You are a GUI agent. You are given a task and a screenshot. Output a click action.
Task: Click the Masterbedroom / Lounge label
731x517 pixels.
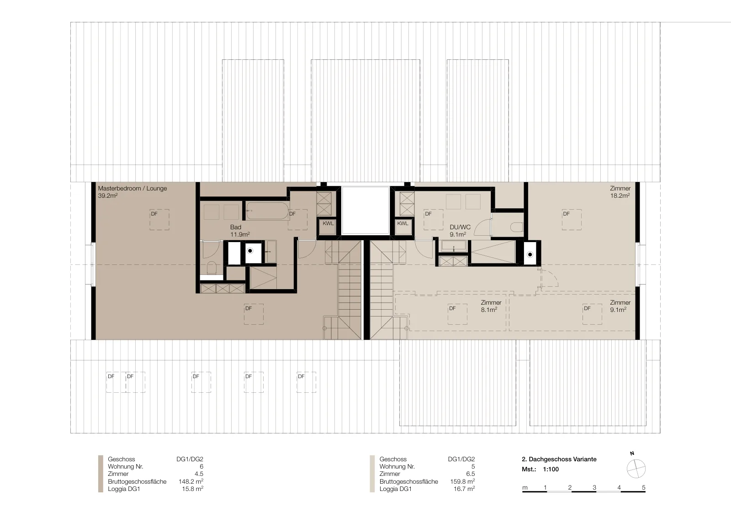pos(132,192)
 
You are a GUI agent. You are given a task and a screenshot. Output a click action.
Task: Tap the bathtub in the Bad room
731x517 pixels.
pos(267,211)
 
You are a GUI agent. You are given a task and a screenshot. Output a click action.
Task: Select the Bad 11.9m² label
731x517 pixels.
pos(240,231)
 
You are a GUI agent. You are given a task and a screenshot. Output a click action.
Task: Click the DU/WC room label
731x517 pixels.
pos(460,231)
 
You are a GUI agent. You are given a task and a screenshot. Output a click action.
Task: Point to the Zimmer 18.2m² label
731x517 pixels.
pos(620,192)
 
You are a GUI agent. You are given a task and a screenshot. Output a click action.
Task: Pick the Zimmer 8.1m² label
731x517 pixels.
pos(491,306)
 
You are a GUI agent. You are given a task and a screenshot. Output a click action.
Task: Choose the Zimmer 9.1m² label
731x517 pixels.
pos(620,306)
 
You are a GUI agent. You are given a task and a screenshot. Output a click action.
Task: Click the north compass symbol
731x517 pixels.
pos(636,469)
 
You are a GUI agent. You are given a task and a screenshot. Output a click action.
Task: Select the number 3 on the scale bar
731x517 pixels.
pos(594,487)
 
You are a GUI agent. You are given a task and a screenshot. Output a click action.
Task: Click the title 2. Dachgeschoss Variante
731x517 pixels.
pos(559,459)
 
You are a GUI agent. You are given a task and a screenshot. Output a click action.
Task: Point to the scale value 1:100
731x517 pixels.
pos(551,470)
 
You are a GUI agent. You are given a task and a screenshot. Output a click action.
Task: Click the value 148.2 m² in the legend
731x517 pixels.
pos(191,481)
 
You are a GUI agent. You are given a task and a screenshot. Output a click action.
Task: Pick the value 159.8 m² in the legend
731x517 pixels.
pos(462,481)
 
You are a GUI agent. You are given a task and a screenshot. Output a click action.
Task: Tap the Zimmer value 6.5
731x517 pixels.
pos(471,474)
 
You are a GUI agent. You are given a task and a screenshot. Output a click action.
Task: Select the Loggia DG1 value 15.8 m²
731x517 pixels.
pos(192,489)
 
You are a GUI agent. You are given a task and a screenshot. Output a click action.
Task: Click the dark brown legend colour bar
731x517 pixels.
pos(101,474)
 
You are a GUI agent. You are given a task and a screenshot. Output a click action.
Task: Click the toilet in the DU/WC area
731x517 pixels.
pos(517,227)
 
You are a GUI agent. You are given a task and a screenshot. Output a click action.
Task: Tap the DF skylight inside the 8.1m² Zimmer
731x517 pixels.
pos(457,314)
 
